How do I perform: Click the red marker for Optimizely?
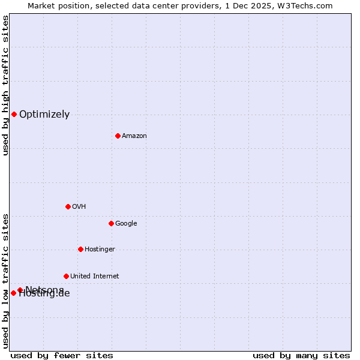click(14, 114)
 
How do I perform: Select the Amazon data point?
click(118, 136)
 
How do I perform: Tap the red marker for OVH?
click(68, 206)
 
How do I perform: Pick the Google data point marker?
click(111, 223)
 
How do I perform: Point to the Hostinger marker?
click(80, 249)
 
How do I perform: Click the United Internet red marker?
click(66, 276)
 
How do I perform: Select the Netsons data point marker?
click(20, 290)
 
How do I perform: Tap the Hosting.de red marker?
click(13, 293)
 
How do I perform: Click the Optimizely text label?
click(44, 114)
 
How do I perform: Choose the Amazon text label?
click(134, 136)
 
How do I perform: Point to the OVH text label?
click(79, 206)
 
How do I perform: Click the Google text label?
click(126, 223)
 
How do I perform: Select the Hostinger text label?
click(100, 249)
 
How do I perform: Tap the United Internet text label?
click(94, 276)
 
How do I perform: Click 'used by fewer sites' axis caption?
click(62, 355)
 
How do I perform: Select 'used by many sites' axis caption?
click(301, 355)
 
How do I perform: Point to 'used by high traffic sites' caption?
click(5, 85)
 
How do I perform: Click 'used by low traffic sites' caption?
click(5, 281)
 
